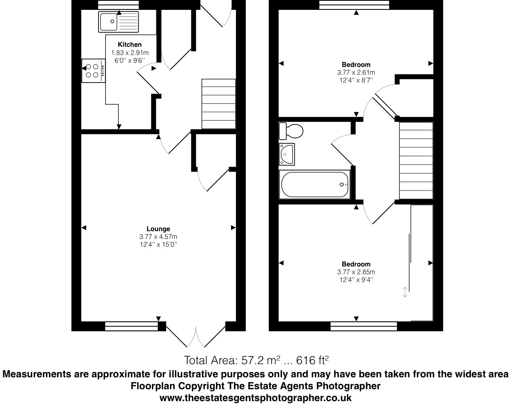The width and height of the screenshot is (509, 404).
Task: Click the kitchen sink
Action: tap(119, 21)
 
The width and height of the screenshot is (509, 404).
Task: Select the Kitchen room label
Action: tap(130, 44)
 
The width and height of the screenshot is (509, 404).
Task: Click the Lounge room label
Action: tap(158, 229)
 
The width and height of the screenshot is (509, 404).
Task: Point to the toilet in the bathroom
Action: tap(291, 131)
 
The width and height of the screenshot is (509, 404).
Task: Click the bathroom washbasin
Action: tap(287, 154)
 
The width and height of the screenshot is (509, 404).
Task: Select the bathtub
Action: tap(315, 184)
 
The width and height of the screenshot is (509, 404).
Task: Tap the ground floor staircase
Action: tap(218, 104)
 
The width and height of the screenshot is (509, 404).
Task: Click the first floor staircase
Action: tap(416, 161)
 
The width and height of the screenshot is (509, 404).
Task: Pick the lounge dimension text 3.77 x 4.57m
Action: tap(158, 236)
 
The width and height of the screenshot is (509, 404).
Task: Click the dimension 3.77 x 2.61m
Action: tap(356, 72)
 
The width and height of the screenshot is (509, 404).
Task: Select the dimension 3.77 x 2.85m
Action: tap(356, 272)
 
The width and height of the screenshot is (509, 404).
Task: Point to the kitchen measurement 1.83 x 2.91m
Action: tap(130, 53)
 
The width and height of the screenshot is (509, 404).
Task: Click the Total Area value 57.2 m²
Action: tap(232, 360)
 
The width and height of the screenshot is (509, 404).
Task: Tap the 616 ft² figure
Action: tap(312, 360)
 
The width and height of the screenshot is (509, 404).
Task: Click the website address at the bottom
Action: tap(255, 398)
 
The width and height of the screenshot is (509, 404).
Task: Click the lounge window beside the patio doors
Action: tap(131, 326)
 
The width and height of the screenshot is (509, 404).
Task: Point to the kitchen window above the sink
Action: tap(118, 5)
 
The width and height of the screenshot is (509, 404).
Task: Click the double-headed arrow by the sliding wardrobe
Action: tap(405, 292)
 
